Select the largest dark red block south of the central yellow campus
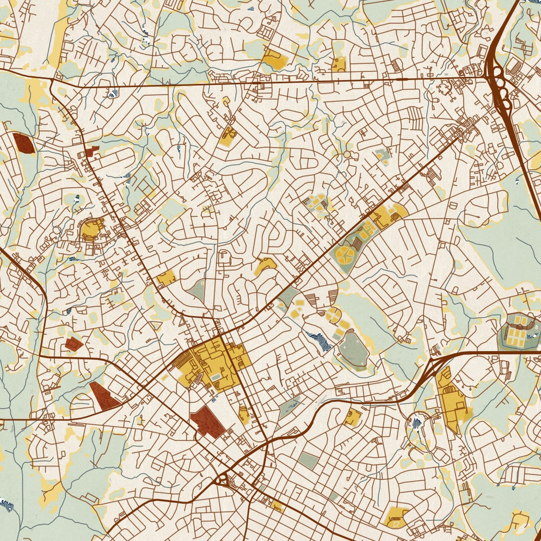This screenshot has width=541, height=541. click(208, 421)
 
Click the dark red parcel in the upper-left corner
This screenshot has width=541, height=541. click(23, 143)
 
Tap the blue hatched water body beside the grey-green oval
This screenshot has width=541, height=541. click(320, 340)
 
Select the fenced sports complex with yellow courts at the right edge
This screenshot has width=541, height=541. click(518, 331)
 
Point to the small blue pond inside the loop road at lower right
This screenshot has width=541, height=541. click(417, 422)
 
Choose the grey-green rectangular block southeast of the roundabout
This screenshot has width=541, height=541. click(309, 460)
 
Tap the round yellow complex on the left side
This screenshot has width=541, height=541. click(91, 229)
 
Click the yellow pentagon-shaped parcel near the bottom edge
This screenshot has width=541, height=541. click(396, 516)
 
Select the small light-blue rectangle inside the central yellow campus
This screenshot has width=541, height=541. click(217, 376)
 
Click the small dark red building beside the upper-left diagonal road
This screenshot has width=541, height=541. click(91, 151)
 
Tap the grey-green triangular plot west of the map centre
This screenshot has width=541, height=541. click(198, 291)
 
